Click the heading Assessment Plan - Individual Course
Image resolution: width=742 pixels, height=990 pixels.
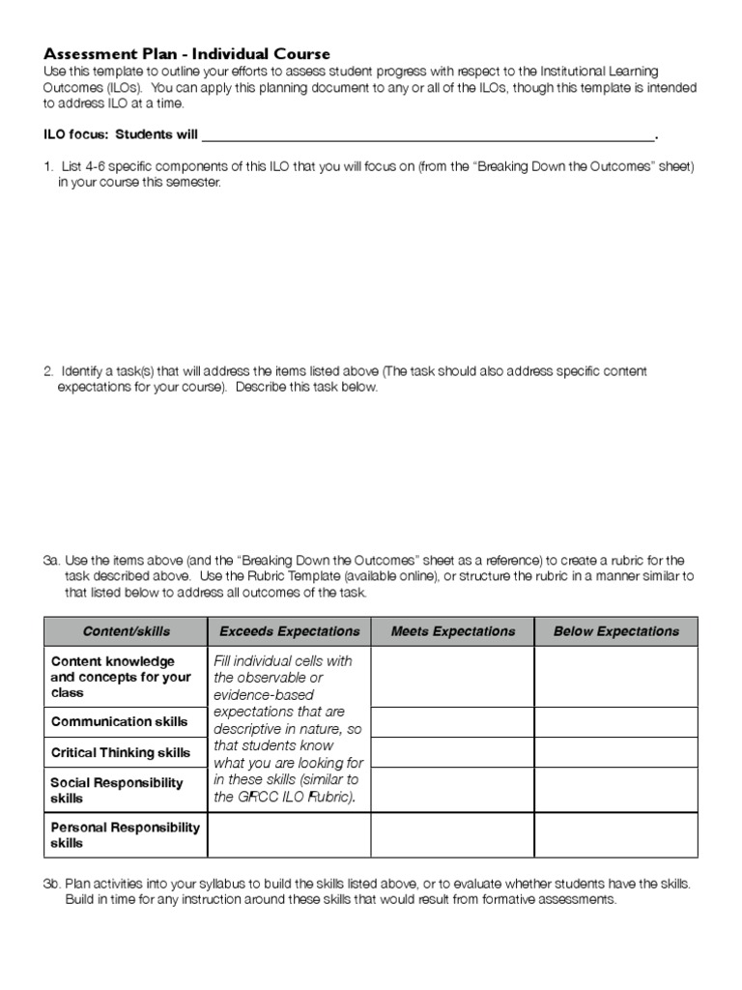point(187,54)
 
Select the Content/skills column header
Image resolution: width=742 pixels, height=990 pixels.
point(126,631)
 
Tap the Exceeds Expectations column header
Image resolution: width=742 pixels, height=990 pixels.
point(289,631)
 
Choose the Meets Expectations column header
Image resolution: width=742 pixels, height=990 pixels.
point(452,631)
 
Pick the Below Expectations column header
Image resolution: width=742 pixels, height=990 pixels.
point(615,631)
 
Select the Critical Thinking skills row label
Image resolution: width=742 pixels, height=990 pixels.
point(121,752)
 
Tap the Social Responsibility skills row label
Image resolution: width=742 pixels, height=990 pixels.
point(116,790)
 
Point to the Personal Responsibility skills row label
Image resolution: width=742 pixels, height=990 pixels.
point(125,834)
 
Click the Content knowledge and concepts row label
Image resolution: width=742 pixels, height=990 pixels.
point(121,677)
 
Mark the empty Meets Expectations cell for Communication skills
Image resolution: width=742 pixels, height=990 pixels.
point(452,721)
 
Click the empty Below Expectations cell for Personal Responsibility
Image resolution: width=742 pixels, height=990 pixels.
point(615,834)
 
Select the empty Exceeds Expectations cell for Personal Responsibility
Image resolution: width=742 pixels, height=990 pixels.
point(289,834)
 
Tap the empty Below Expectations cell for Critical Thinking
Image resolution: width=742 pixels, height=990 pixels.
point(615,752)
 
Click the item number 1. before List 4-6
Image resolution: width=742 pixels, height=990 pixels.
point(48,166)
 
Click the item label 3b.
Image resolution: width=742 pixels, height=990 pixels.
point(51,884)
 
